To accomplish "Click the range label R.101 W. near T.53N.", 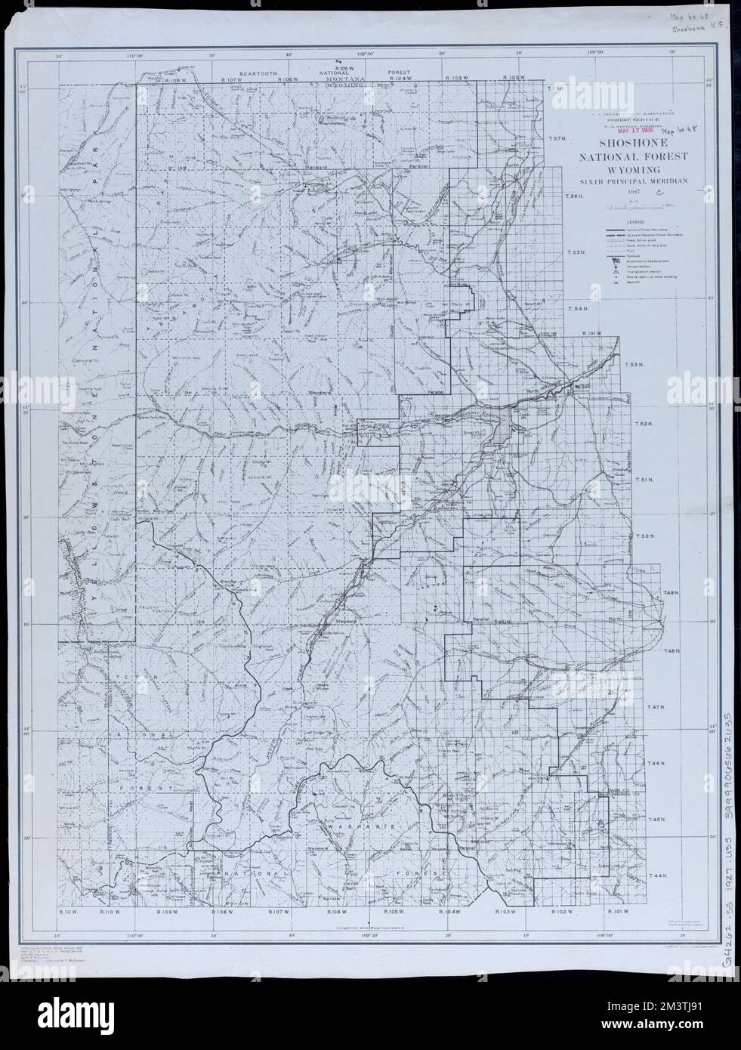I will [x=593, y=333].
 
